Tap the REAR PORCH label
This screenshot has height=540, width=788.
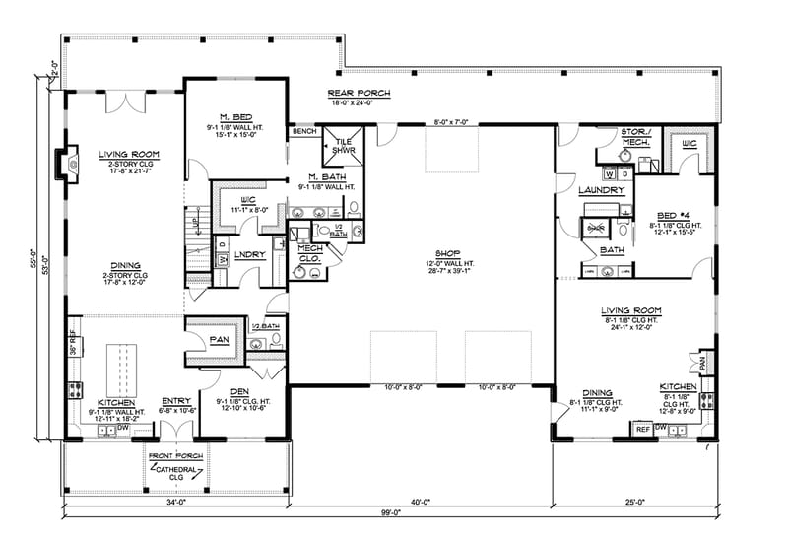click(x=360, y=93)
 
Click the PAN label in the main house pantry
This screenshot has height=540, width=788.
click(x=220, y=340)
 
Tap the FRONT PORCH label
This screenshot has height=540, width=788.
click(x=177, y=456)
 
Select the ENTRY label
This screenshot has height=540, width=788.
click(x=175, y=400)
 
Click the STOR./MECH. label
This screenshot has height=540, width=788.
click(x=631, y=135)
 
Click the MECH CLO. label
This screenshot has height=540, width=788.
click(x=311, y=252)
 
